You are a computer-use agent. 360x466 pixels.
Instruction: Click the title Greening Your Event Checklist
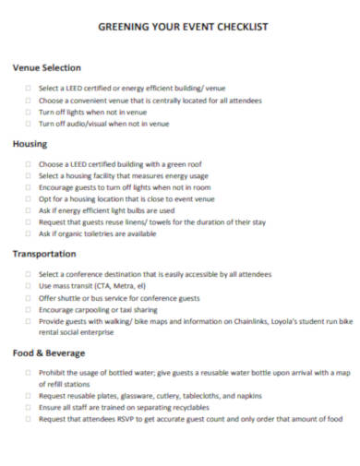coord(183,27)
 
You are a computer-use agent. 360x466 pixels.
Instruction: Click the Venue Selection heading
coord(47,67)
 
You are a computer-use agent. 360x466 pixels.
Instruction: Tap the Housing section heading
coord(30,143)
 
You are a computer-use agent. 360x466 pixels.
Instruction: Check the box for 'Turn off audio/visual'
coord(29,123)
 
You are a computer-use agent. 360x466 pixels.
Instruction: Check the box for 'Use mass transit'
coord(29,286)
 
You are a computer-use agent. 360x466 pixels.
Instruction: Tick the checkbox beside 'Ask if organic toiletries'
coord(29,233)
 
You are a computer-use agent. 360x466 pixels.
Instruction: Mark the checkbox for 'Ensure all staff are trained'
coord(29,406)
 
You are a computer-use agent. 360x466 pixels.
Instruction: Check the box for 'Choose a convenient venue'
coord(29,100)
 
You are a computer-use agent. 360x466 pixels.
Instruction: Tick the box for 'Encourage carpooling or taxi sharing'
coord(29,309)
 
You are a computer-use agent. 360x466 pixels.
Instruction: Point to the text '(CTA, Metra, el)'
coord(111,286)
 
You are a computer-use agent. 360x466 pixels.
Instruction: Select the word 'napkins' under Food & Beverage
coord(237,395)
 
